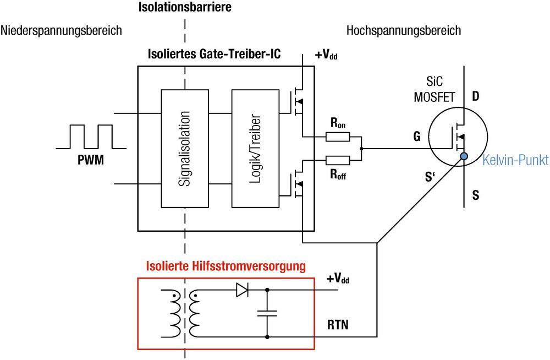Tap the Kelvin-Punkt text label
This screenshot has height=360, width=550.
(x=515, y=161)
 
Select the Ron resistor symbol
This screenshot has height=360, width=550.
(x=338, y=137)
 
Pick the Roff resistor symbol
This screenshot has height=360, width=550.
(x=338, y=160)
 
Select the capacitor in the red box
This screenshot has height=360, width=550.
(x=267, y=313)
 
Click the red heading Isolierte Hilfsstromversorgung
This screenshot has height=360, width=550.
(x=226, y=267)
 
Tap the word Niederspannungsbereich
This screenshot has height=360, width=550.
(x=61, y=30)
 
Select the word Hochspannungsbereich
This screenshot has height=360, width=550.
(x=403, y=30)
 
